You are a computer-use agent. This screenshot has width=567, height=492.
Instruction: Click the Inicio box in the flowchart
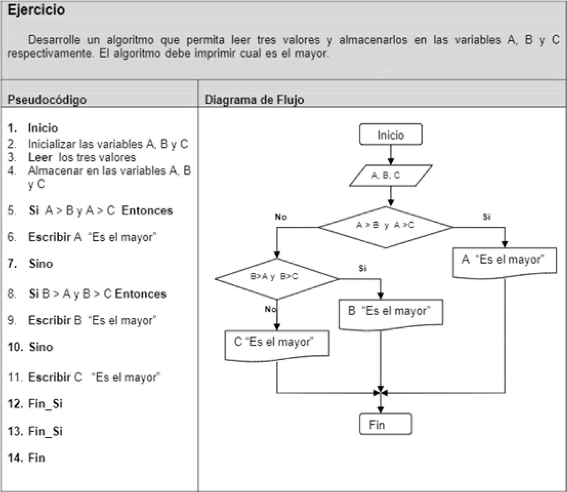coord(390,135)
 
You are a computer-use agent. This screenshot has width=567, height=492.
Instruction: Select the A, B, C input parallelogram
coord(390,175)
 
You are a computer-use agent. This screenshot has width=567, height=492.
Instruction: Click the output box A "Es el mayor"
coord(504,261)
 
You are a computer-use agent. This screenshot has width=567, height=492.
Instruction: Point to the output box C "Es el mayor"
coord(276,343)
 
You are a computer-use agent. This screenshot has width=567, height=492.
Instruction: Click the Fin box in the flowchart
coord(385,424)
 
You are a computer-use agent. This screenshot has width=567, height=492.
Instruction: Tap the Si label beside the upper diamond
coord(487,217)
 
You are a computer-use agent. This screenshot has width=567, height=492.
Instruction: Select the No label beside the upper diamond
coord(281,217)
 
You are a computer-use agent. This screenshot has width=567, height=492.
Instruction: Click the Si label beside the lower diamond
coord(362,268)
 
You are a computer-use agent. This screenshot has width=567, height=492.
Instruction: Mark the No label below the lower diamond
coord(270,309)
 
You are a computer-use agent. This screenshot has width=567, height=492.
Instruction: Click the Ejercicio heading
coord(36,10)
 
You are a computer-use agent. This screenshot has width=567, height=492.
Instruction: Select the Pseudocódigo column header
coord(47,99)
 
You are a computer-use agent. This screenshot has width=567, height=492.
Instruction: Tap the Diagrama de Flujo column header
coord(254,99)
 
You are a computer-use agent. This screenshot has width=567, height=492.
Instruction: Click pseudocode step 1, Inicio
coord(43,128)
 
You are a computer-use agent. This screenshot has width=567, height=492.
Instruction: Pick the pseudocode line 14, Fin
coord(36,458)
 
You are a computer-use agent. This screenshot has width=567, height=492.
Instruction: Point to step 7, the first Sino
coord(41,263)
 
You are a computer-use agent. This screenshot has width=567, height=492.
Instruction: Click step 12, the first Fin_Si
coord(45,404)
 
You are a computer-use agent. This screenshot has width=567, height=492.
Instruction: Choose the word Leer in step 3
coord(40,157)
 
